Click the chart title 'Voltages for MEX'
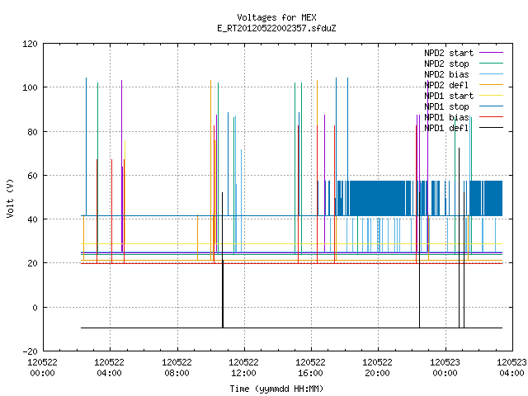(276, 17)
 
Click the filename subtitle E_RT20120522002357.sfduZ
(276, 28)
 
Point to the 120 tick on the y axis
(30, 44)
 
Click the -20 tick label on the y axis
(30, 351)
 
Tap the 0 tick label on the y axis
(35, 308)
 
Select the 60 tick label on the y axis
(32, 176)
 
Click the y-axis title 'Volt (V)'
(11, 198)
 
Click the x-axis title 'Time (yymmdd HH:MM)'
(276, 389)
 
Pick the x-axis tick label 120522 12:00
(243, 368)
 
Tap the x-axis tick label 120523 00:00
(445, 368)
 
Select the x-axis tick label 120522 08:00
(177, 368)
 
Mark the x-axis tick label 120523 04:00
(511, 368)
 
